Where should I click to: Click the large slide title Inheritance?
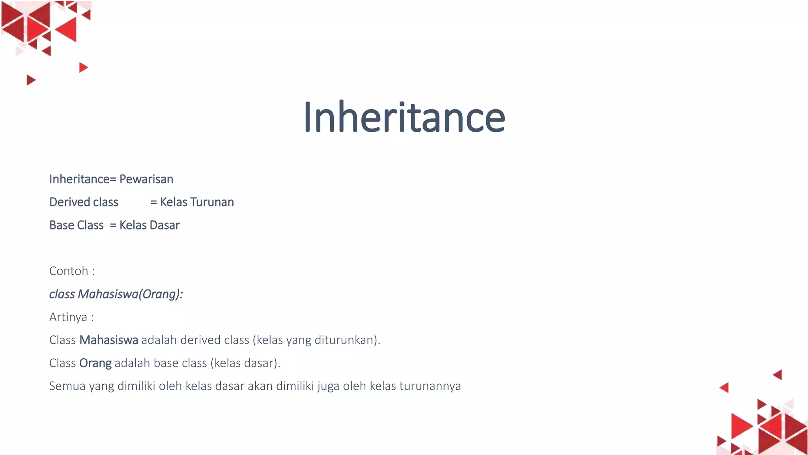click(x=404, y=117)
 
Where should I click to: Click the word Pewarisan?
click(x=146, y=179)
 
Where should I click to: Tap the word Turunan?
click(x=212, y=202)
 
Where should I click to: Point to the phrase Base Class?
click(x=76, y=225)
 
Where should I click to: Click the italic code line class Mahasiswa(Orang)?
click(x=116, y=294)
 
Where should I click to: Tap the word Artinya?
click(x=68, y=317)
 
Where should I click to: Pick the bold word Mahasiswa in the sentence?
click(x=109, y=340)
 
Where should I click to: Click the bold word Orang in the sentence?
click(x=95, y=363)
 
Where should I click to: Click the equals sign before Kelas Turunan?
click(x=153, y=202)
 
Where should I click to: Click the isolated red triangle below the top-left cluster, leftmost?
click(x=30, y=80)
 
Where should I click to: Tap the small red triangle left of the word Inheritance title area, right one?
click(x=83, y=68)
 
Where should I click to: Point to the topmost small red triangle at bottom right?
click(x=778, y=374)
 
